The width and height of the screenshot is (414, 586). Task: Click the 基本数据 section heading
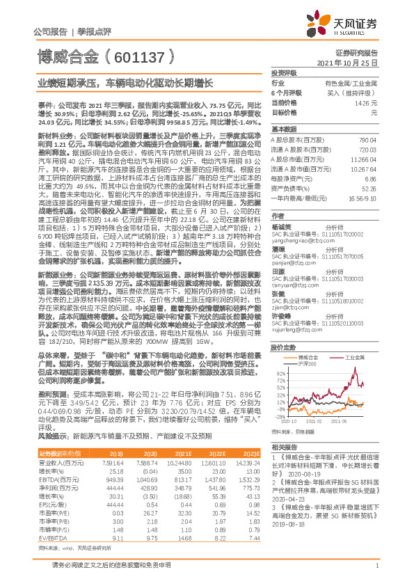[285, 130]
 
